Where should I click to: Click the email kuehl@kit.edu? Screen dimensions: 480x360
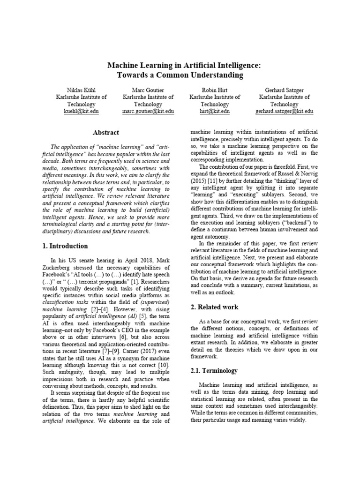coord(81,112)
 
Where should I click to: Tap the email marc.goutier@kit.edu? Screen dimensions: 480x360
coord(148,112)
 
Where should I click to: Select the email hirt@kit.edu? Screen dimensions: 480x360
coord(214,112)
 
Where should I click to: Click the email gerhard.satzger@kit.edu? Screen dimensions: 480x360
coord(284,112)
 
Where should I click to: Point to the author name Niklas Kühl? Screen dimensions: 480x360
coord(81,89)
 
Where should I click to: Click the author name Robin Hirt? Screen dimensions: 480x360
coord(214,89)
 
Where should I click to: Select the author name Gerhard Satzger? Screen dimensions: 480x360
coord(284,89)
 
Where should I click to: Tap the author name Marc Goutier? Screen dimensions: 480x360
coord(148,89)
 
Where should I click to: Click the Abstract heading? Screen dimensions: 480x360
coord(106,133)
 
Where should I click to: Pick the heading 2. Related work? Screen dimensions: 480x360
coord(215,307)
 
